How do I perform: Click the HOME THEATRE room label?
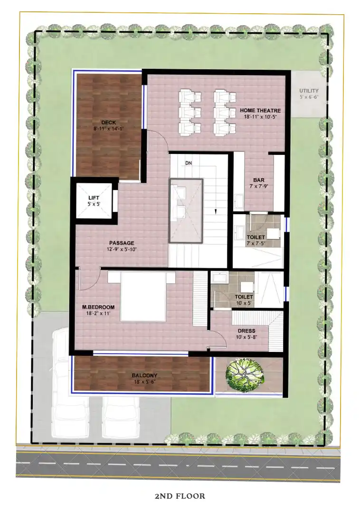(260, 111)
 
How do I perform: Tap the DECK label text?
(108, 123)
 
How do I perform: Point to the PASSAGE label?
(122, 243)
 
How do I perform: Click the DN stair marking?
(188, 162)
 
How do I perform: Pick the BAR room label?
(259, 180)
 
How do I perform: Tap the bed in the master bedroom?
(143, 296)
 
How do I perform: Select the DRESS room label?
(246, 331)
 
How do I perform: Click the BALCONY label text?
(144, 376)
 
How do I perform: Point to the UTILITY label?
(309, 91)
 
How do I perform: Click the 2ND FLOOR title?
(180, 496)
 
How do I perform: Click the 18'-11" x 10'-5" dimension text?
(260, 117)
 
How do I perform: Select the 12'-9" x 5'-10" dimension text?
(122, 249)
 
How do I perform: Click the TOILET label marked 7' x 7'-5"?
(256, 237)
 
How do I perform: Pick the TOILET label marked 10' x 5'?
(244, 296)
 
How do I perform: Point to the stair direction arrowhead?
(215, 211)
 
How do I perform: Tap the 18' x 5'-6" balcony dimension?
(144, 382)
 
